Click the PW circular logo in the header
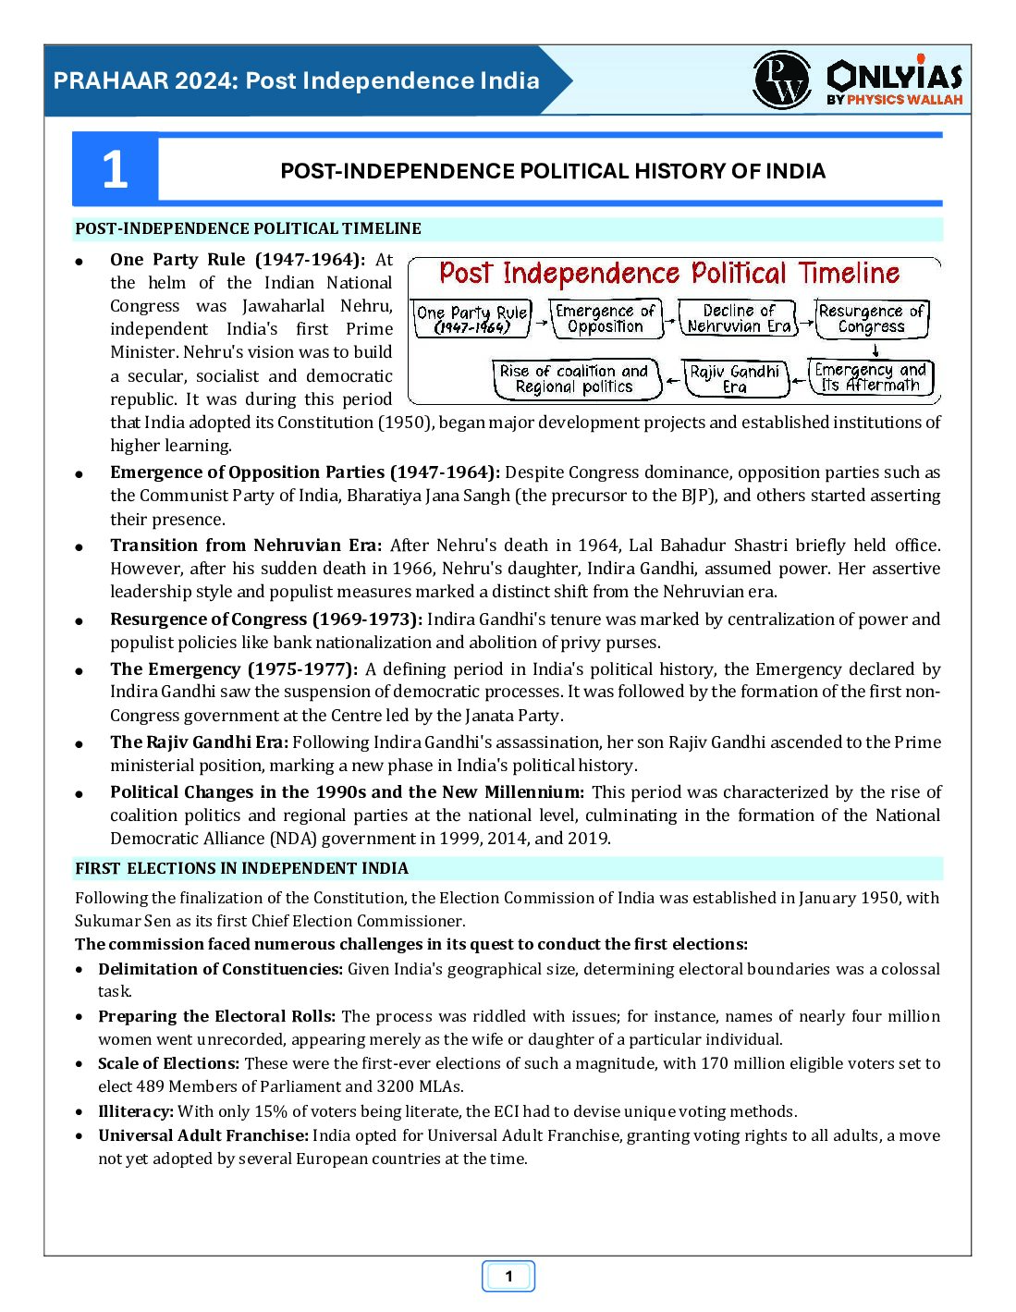pos(781,80)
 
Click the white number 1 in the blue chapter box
pos(115,170)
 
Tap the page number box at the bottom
pos(508,1277)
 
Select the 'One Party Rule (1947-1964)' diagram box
pos(471,319)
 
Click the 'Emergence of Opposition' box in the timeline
pos(606,318)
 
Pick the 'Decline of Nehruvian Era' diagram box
pos(739,318)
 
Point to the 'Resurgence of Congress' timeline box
pos(871,318)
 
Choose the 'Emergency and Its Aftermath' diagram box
pos(870,377)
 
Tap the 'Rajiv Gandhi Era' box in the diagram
pos(735,378)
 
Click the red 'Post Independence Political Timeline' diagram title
pos(668,274)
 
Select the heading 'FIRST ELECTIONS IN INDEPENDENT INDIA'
pos(242,868)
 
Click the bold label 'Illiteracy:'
pos(136,1111)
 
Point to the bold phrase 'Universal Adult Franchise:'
pos(203,1135)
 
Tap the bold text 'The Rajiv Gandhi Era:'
pos(199,742)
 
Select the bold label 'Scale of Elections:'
pos(168,1063)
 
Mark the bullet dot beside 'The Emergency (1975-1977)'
pos(80,671)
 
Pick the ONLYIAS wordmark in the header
pos(894,76)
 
